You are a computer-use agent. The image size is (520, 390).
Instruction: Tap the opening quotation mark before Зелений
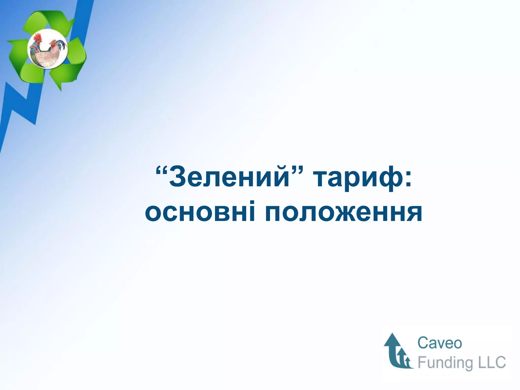tap(161, 170)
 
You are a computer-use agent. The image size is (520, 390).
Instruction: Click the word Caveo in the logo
tap(440, 343)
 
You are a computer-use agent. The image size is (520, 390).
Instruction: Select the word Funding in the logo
tap(444, 363)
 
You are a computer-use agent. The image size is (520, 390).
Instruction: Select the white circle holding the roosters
tap(48, 63)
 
